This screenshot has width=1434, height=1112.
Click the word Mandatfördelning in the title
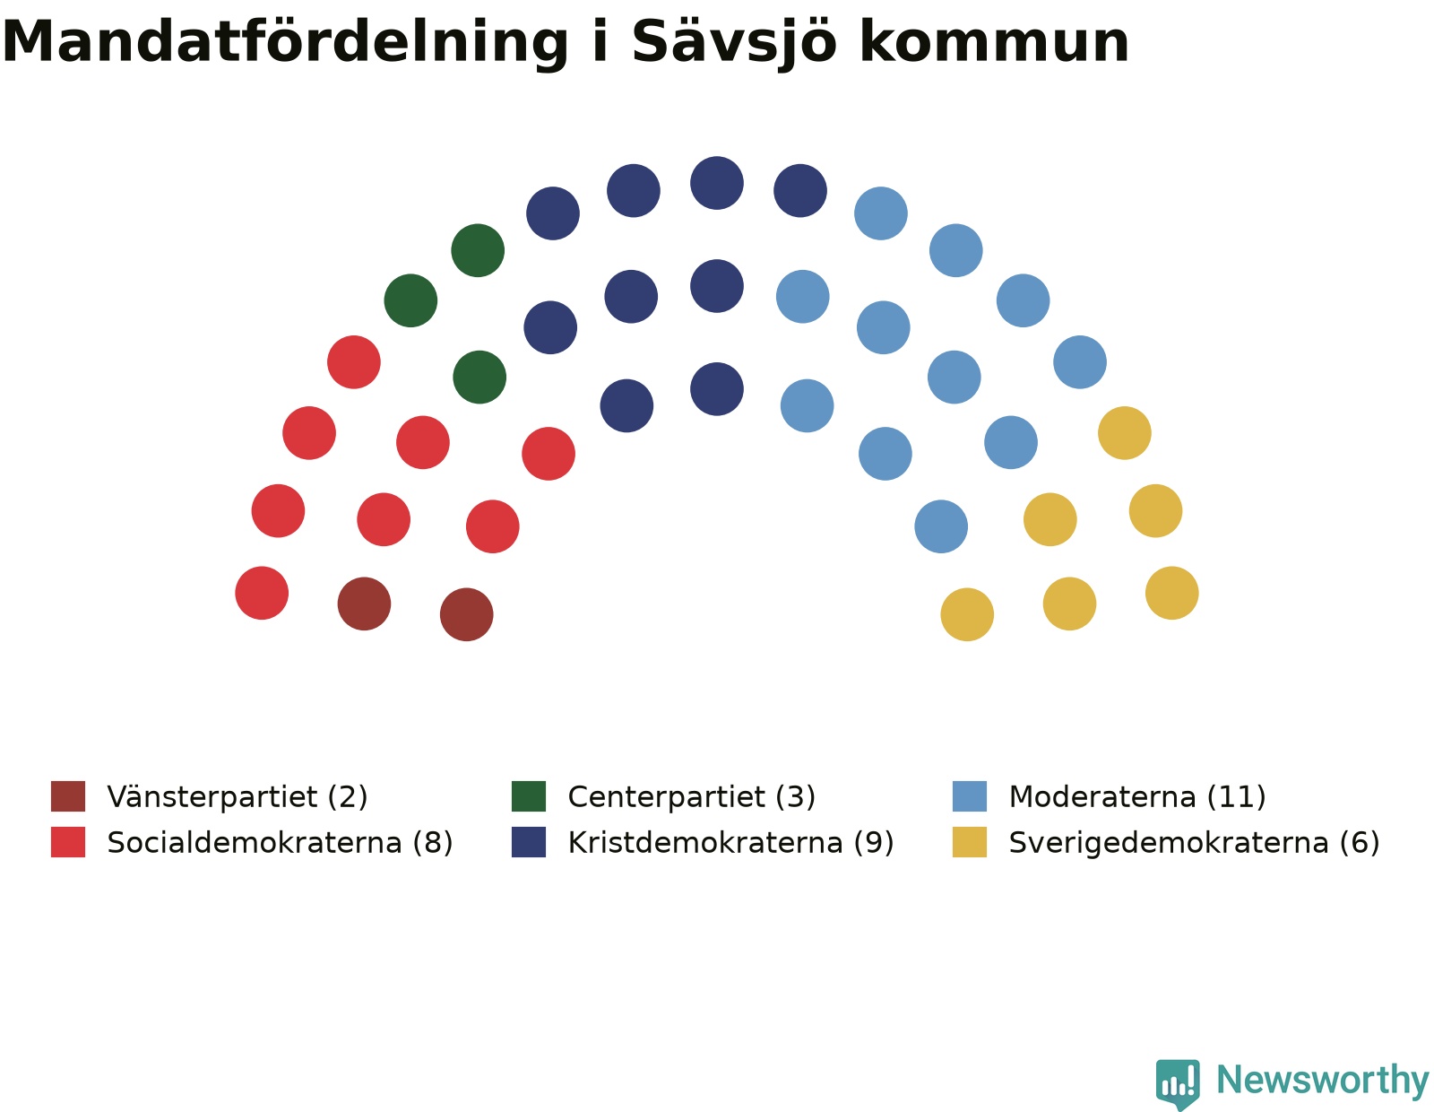click(285, 44)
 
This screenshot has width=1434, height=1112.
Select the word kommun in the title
click(995, 44)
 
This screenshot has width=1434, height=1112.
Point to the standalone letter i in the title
click(600, 41)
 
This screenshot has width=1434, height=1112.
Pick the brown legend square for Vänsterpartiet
click(68, 795)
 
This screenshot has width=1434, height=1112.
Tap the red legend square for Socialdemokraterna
click(68, 842)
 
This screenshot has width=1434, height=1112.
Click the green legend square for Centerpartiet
click(529, 795)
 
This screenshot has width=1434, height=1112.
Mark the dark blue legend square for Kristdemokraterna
click(529, 842)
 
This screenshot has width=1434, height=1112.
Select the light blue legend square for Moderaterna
click(970, 795)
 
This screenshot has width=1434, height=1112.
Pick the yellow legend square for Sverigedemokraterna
click(970, 842)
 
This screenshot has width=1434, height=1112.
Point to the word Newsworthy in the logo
click(1322, 1081)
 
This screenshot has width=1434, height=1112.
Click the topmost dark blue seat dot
click(717, 183)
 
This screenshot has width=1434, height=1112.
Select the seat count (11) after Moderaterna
click(1236, 796)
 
